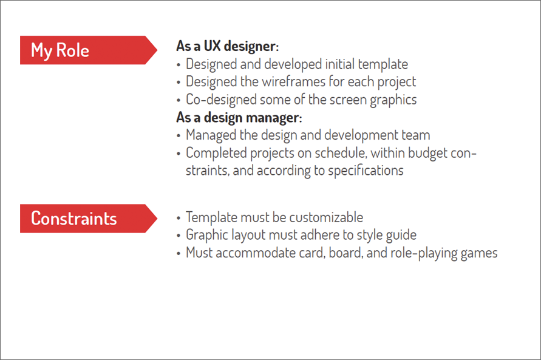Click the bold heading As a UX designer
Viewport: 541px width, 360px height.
[x=227, y=46]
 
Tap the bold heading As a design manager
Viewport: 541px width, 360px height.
[x=239, y=117]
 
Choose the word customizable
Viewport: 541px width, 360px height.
[x=326, y=217]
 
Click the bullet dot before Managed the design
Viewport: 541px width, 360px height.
[x=178, y=135]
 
